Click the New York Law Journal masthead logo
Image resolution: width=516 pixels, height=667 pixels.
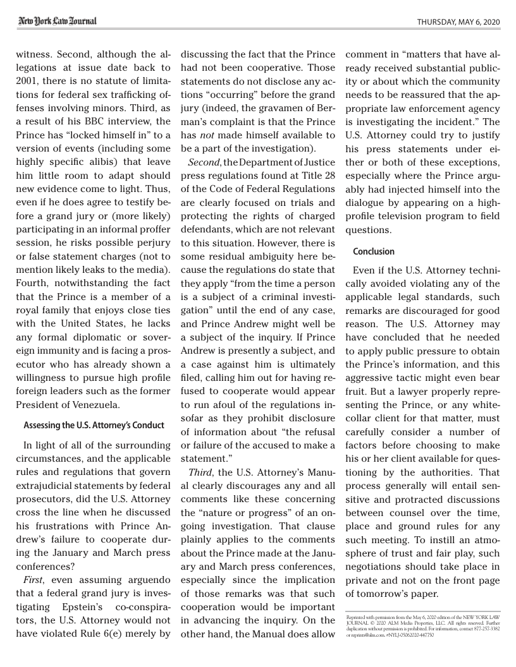(57, 21)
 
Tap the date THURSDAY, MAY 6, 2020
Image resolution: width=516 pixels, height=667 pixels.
(458, 22)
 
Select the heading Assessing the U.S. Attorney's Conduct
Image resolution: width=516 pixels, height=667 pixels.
(94, 425)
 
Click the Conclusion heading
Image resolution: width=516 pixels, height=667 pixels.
(373, 251)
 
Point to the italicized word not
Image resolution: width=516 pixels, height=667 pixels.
(210, 135)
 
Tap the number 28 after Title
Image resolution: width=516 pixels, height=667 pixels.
(328, 176)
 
